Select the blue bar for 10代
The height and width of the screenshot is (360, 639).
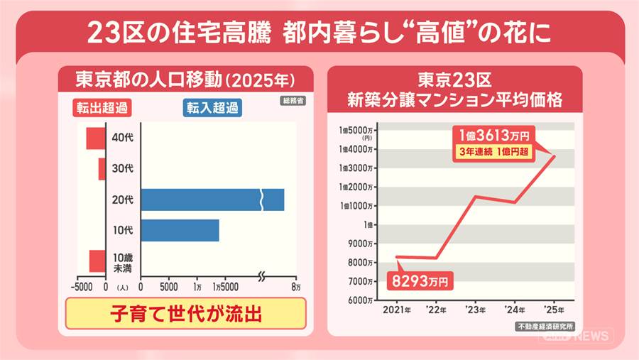coord(180,230)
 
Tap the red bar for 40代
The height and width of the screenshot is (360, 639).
coord(95,138)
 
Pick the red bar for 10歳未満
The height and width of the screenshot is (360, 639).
coord(97,261)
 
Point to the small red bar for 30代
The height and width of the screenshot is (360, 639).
coord(102,169)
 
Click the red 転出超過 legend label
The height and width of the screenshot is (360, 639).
coord(103,108)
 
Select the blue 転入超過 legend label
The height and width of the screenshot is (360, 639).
coord(212,108)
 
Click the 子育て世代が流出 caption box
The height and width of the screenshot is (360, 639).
coord(185,313)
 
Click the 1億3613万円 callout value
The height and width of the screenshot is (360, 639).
coord(494,135)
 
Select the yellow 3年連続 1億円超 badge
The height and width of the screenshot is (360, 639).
coord(494,151)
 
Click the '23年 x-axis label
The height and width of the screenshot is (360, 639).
coord(475,310)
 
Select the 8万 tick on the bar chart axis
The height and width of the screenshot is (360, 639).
coord(295,288)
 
